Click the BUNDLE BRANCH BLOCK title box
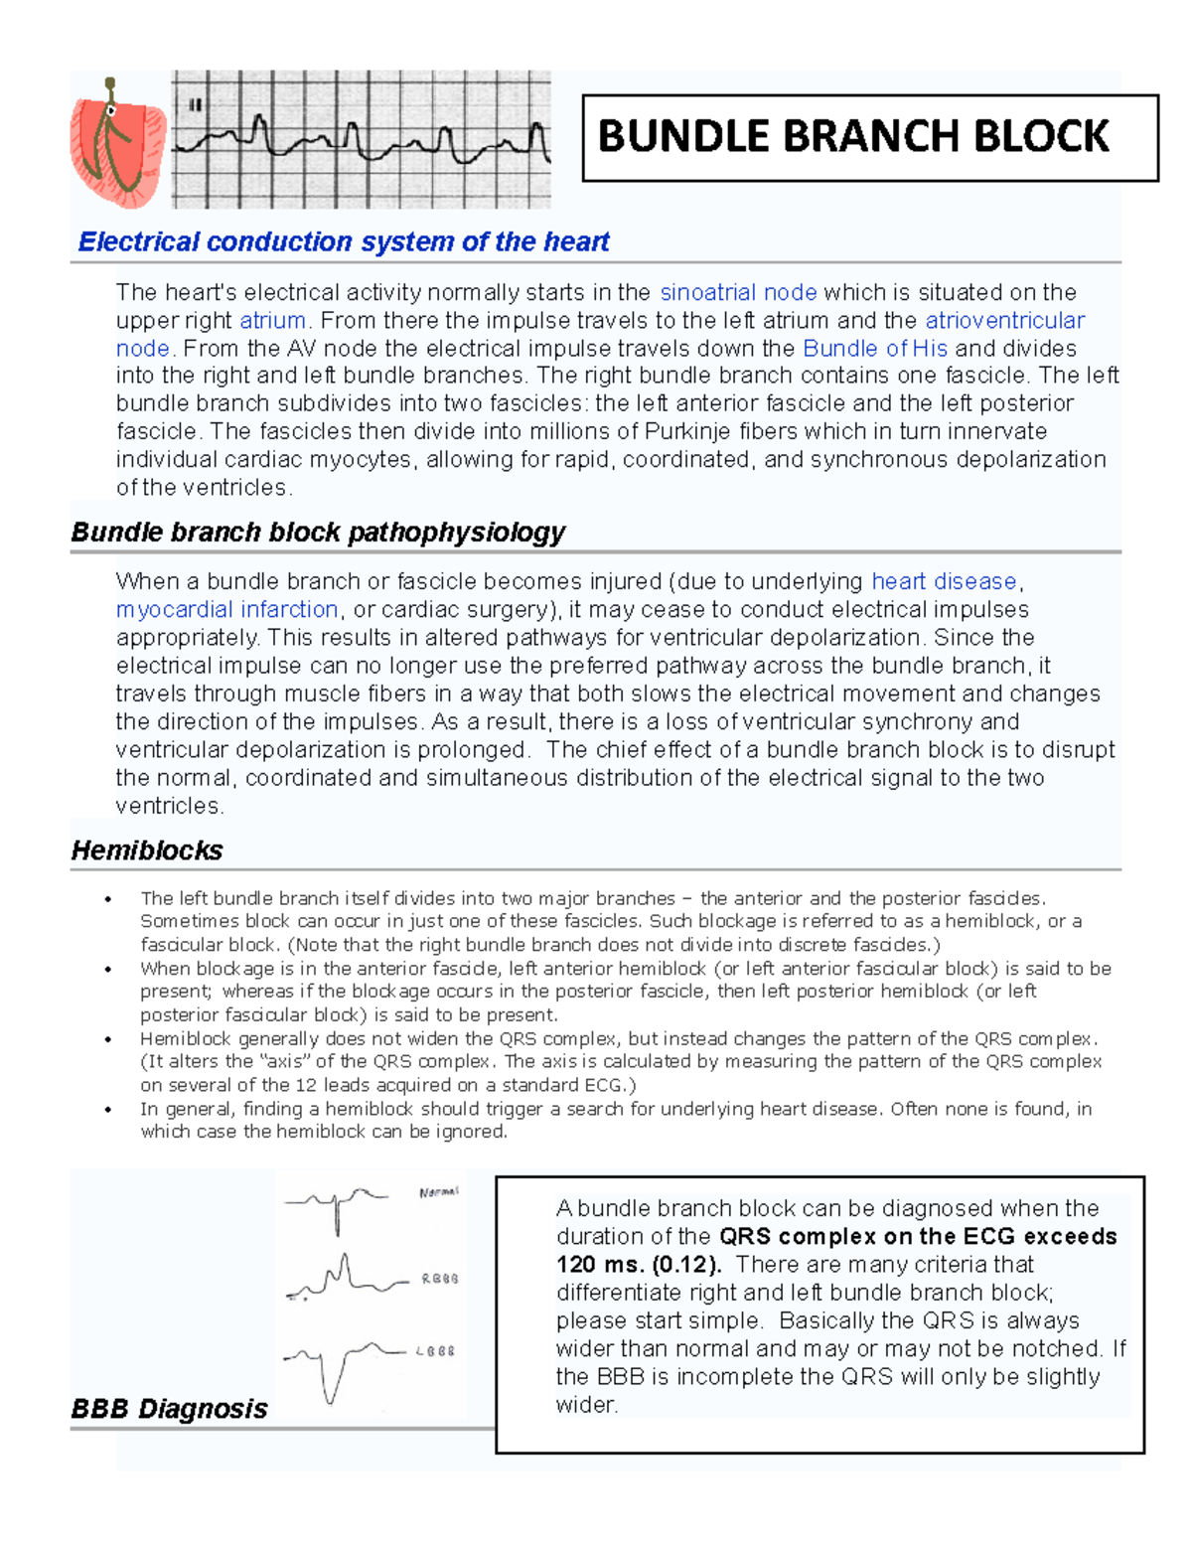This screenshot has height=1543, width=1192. (x=869, y=137)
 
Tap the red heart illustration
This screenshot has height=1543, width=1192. (x=116, y=144)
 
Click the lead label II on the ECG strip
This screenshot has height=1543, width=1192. (x=196, y=104)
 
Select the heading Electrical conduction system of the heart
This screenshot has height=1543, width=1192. (x=344, y=241)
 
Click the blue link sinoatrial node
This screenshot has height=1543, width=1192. (x=738, y=292)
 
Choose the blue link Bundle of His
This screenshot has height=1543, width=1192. (x=874, y=348)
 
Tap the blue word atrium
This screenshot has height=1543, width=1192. (x=272, y=320)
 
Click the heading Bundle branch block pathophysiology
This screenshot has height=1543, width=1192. (x=318, y=532)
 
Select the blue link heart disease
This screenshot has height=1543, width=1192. (x=944, y=581)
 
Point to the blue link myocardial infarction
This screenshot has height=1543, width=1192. (x=226, y=609)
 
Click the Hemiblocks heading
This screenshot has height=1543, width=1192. (x=147, y=850)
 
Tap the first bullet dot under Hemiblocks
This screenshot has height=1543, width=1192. (x=108, y=899)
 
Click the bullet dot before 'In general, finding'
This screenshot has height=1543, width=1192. (x=108, y=1110)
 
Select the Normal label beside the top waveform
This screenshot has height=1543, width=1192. (x=439, y=1192)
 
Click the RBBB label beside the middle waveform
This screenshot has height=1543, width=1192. (x=439, y=1279)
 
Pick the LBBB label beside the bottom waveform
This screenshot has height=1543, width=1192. (x=435, y=1351)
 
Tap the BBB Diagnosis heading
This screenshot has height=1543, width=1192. (x=169, y=1408)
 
